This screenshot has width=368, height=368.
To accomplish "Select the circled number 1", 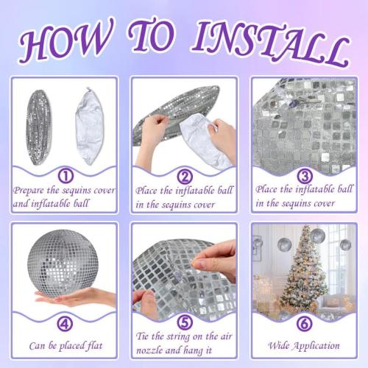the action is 66,176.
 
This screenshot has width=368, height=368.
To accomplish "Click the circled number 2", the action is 185,176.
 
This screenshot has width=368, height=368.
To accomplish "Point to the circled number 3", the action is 304,176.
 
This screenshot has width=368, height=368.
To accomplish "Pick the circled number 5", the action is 185,322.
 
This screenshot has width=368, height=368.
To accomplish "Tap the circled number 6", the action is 304,323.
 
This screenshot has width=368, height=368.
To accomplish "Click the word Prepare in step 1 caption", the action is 29,191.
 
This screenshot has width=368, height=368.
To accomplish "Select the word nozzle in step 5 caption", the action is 149,350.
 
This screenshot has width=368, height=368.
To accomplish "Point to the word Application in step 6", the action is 316,346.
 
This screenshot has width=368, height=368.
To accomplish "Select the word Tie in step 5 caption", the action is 142,336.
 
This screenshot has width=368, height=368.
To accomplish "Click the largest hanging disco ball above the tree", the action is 317,236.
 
